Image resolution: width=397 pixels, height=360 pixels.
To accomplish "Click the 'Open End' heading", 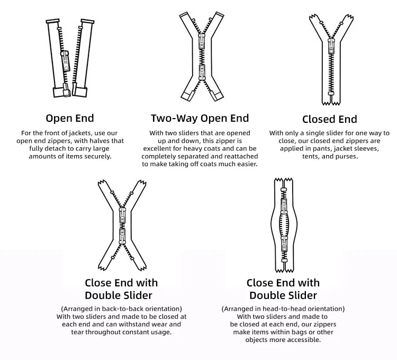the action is pos(70,118).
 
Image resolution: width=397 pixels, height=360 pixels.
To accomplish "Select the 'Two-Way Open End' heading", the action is pos(200,118).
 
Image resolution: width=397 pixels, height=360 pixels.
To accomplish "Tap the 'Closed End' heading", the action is pos(329,119).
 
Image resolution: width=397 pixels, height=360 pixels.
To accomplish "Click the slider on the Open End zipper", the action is pos(66,61).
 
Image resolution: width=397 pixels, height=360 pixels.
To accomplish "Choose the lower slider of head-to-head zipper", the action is pos(284,243).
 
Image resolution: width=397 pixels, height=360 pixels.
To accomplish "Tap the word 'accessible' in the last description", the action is pos(303,340).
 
